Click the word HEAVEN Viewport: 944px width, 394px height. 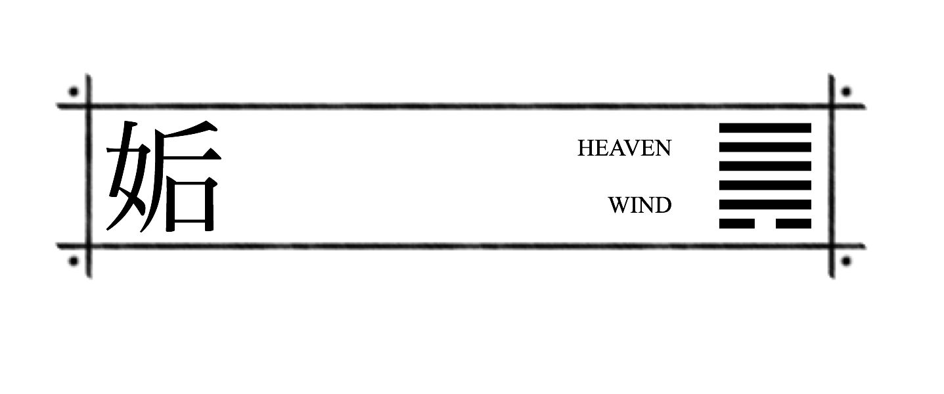coord(624,148)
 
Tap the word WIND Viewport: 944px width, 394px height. coord(640,206)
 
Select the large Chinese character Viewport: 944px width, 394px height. coord(164,176)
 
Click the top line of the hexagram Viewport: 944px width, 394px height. coord(765,127)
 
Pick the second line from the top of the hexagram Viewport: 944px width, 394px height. coord(765,147)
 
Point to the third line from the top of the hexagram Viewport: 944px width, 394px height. coord(765,166)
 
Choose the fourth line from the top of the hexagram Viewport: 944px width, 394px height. coord(765,185)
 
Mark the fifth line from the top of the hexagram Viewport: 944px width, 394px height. coord(765,204)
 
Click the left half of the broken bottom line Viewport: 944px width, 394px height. coord(736,224)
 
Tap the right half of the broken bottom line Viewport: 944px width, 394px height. coord(794,224)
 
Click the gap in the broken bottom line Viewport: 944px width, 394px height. coord(765,224)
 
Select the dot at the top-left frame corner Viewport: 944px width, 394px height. coord(74,91)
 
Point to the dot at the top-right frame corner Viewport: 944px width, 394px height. coord(846,91)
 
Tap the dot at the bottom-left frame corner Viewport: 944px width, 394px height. coord(74,261)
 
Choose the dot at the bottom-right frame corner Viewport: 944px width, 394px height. coord(846,261)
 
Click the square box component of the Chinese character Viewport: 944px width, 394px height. coord(191,204)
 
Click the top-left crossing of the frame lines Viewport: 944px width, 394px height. coord(89,105)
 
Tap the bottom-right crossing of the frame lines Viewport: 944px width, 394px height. coord(832,246)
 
